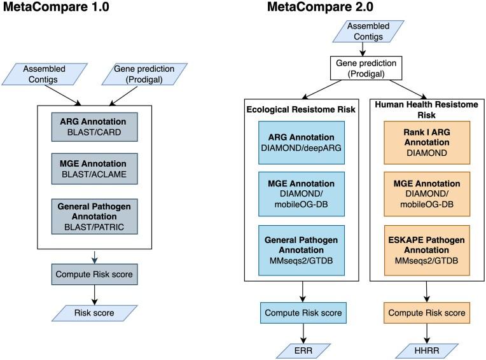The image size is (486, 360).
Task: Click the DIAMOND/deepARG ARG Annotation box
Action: tap(302, 142)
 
